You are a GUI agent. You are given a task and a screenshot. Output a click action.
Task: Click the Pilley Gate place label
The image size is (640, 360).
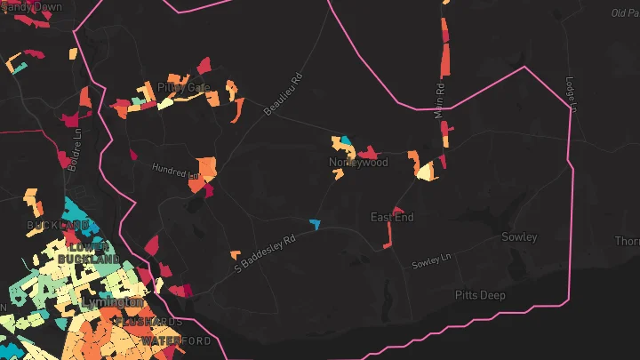pyautogui.click(x=184, y=87)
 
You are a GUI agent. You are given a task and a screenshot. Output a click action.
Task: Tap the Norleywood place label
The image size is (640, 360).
pyautogui.click(x=358, y=163)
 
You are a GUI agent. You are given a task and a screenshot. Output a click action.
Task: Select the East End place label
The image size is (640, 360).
pyautogui.click(x=392, y=217)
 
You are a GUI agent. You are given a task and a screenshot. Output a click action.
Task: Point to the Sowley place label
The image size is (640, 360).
pyautogui.click(x=519, y=237)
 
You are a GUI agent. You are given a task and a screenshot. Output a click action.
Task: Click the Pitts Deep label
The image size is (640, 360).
pyautogui.click(x=481, y=294)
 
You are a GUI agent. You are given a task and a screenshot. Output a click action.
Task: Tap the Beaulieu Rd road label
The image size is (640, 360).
pyautogui.click(x=284, y=93)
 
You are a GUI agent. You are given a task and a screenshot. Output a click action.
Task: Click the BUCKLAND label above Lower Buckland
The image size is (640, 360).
pyautogui.click(x=59, y=225)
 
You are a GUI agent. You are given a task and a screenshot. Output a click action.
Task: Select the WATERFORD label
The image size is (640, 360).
pyautogui.click(x=176, y=341)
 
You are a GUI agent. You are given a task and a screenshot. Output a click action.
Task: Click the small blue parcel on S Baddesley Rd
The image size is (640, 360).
pyautogui.click(x=314, y=222)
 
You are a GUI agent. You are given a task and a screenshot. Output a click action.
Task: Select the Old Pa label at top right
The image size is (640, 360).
pyautogui.click(x=625, y=12)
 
